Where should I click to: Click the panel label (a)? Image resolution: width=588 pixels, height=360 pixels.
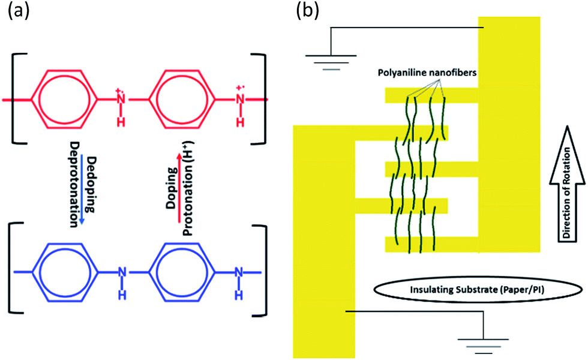[x=16, y=11]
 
